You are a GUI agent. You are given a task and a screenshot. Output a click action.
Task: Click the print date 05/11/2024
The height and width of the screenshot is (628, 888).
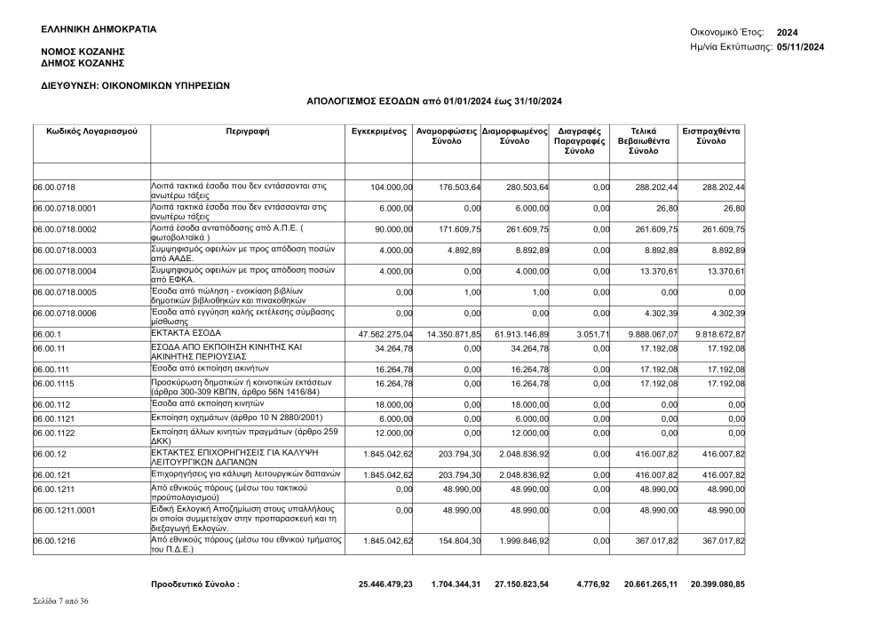click(800, 46)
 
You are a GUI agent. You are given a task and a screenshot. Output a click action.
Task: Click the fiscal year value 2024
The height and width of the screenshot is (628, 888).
click(788, 32)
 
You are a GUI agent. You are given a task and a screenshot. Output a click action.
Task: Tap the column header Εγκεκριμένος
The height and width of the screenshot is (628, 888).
click(379, 131)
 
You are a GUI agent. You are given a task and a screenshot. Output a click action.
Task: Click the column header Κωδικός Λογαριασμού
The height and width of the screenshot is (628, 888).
click(91, 131)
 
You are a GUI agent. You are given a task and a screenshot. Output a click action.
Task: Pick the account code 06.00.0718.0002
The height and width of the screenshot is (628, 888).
click(65, 229)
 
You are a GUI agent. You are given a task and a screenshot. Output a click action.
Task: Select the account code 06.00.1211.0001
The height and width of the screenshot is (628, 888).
click(65, 510)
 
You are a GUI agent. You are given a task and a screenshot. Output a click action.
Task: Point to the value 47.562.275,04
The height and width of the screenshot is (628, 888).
click(379, 333)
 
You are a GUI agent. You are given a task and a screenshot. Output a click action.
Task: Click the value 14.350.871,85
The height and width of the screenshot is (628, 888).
click(448, 333)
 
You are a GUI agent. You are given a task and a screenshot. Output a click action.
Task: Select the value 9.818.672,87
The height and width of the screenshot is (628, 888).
click(713, 333)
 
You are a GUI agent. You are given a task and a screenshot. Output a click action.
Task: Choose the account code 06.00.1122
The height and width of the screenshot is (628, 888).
click(54, 433)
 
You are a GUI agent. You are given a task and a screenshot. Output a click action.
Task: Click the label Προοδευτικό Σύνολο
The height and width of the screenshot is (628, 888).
click(195, 584)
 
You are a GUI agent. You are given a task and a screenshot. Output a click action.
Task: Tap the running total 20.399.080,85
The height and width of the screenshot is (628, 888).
click(714, 584)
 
